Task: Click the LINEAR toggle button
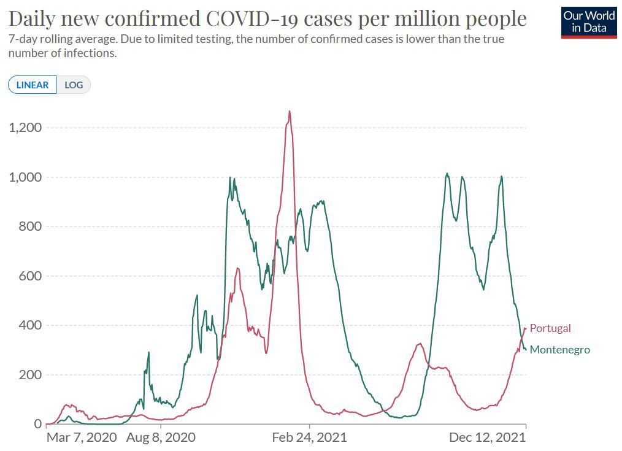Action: pos(33,85)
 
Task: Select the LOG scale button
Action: pos(74,85)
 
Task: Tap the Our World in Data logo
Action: pos(589,22)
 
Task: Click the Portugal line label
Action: pos(550,328)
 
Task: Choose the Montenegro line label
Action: pos(559,350)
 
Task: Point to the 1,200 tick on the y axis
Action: pos(25,128)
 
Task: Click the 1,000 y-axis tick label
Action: pos(25,177)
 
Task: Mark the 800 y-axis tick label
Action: pos(29,226)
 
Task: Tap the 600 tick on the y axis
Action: pos(29,276)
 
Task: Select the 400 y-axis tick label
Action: pos(29,325)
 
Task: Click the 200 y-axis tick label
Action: pos(29,375)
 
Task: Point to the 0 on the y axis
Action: pos(37,424)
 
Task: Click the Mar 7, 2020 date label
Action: pos(82,438)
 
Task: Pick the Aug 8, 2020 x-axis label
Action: pos(161,438)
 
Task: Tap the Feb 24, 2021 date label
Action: pos(309,438)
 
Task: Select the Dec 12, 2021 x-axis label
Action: pos(488,438)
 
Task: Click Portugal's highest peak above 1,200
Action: pos(290,112)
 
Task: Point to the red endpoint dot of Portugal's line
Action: pos(526,328)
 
